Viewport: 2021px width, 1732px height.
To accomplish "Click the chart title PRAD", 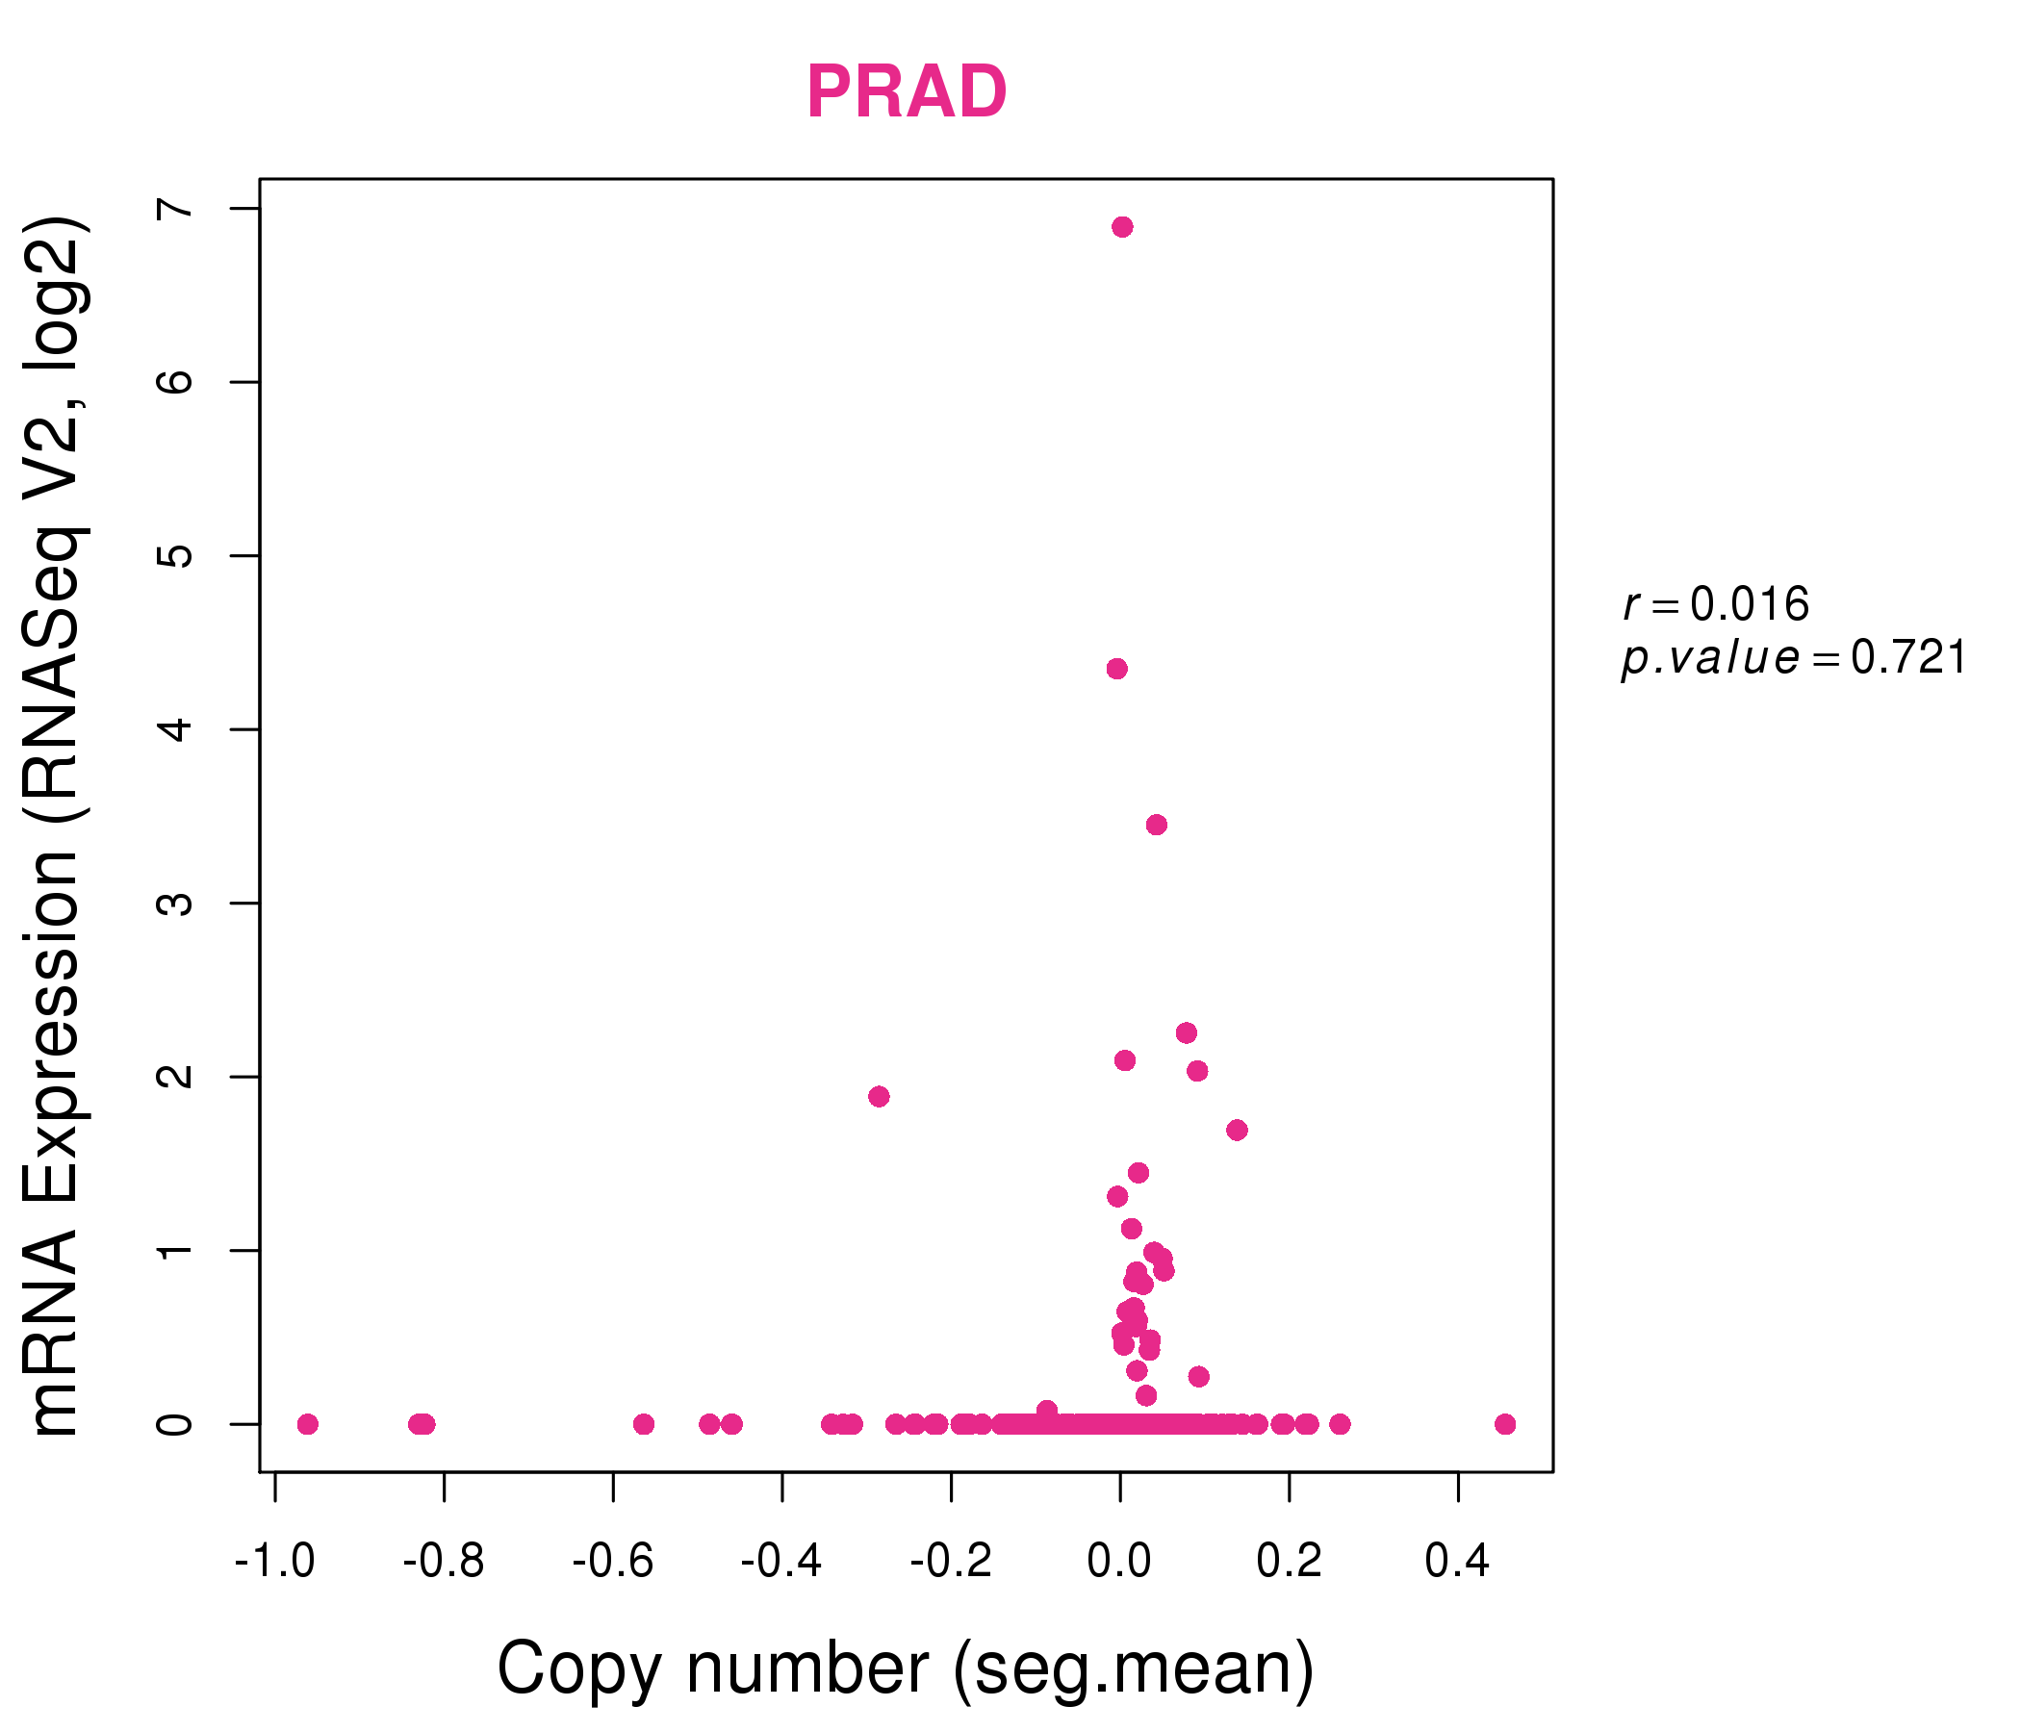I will pyautogui.click(x=907, y=92).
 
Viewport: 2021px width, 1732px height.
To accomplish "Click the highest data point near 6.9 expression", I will pyautogui.click(x=1123, y=227).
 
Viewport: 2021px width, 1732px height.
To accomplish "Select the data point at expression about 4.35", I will pyautogui.click(x=1117, y=669).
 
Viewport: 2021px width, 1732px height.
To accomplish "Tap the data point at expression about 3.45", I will pyautogui.click(x=1157, y=825).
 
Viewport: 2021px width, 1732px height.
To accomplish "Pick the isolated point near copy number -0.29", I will pyautogui.click(x=879, y=1097).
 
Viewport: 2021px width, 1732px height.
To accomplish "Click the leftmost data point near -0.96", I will pyautogui.click(x=308, y=1425).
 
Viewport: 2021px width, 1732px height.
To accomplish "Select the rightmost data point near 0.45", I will pyautogui.click(x=1505, y=1425).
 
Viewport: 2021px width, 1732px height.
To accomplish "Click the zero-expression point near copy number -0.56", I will pyautogui.click(x=644, y=1425).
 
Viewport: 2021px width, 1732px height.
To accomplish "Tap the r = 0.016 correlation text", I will pyautogui.click(x=1717, y=605).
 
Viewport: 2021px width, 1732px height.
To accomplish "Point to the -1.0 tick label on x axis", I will pyautogui.click(x=275, y=1562).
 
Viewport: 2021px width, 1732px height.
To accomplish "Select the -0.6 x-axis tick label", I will pyautogui.click(x=612, y=1562).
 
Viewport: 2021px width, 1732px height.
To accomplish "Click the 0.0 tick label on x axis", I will pyautogui.click(x=1120, y=1562).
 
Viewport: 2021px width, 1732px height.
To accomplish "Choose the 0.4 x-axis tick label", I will pyautogui.click(x=1457, y=1562).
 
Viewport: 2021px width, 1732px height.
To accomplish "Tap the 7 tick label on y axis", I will pyautogui.click(x=175, y=209).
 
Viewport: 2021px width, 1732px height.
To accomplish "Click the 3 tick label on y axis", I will pyautogui.click(x=175, y=904).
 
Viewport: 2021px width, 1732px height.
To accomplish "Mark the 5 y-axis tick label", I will pyautogui.click(x=175, y=556).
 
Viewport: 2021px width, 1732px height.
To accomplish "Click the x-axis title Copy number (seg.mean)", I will pyautogui.click(x=907, y=1668).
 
